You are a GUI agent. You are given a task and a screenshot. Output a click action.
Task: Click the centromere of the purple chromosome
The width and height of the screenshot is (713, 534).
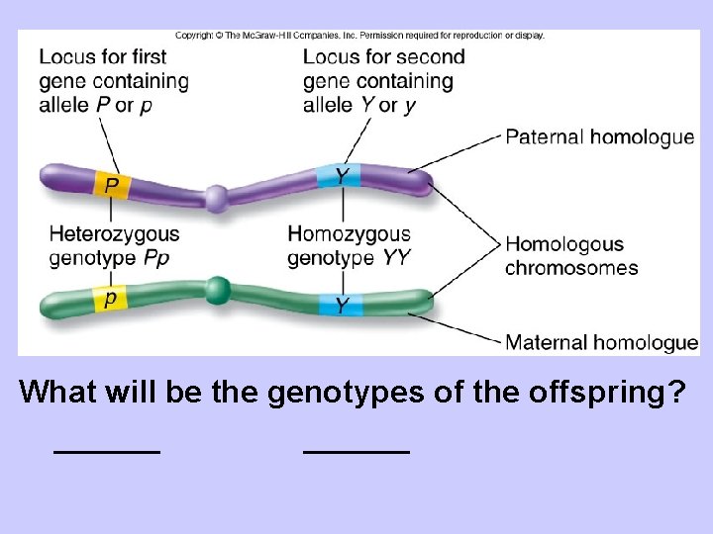coord(216,198)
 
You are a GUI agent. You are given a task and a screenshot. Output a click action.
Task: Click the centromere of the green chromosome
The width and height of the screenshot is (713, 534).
coord(218,290)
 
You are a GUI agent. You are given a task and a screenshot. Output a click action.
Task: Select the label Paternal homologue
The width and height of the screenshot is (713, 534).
coord(600,136)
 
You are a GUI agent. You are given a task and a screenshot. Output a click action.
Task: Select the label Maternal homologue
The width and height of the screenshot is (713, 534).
coord(601,343)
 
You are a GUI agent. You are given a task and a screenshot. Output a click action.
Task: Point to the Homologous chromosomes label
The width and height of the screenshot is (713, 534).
coord(571,256)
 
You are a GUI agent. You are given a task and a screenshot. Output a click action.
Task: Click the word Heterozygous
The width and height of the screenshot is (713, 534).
coord(115,234)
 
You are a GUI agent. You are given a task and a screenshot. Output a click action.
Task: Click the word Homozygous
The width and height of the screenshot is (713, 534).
coord(349,234)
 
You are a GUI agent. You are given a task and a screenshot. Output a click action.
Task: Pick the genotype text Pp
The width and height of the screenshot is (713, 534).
coord(156,258)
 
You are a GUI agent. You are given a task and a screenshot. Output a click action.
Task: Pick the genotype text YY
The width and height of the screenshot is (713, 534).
coord(396,259)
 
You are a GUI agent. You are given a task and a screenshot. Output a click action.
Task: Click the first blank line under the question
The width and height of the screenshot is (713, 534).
coord(107,451)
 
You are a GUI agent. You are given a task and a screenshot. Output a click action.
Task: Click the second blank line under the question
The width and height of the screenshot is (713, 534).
coord(356,451)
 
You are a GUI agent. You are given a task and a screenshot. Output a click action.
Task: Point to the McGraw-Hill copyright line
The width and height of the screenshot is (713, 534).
coord(359,36)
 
